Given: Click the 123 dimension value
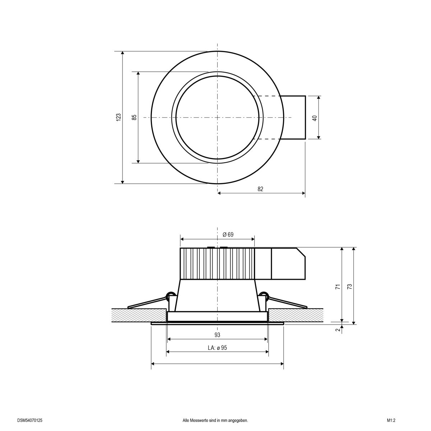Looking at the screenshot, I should [119, 117].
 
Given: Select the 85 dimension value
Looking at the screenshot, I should [134, 117].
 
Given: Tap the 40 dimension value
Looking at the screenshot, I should [315, 117].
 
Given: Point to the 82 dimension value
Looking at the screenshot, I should [261, 189].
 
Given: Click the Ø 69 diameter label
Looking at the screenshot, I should [228, 235].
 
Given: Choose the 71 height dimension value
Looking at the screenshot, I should [338, 287].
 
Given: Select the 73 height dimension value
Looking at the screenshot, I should [349, 287].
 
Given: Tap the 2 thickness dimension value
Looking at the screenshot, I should [338, 330].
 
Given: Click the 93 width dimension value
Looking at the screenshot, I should [217, 335].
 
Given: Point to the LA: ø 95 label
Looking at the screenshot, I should [217, 348].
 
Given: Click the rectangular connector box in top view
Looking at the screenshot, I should [293, 117].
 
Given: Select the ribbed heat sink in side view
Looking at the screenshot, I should [217, 264].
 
